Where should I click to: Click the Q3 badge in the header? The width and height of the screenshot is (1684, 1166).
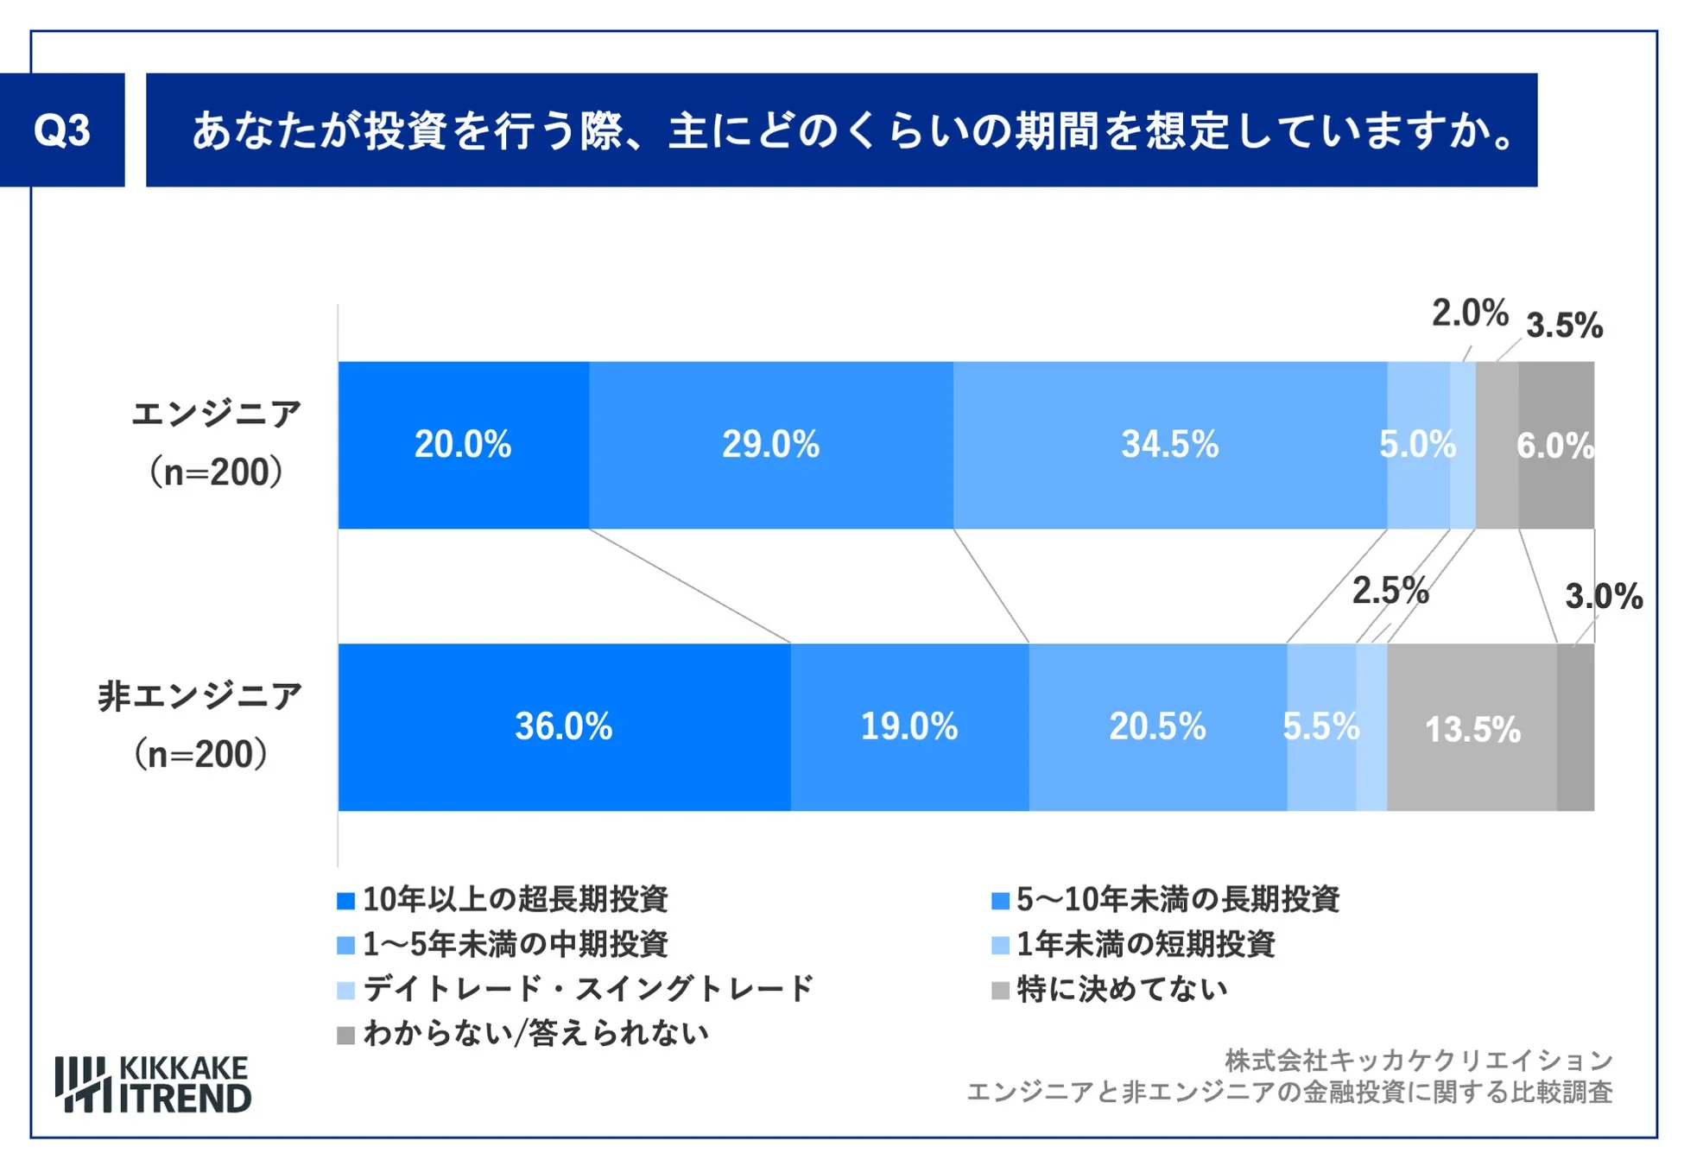coord(62,130)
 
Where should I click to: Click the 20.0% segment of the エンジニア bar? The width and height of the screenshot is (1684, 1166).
coord(463,445)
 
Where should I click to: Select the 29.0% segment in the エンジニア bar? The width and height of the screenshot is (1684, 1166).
coord(770,445)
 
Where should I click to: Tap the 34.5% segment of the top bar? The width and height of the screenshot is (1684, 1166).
coord(1169,445)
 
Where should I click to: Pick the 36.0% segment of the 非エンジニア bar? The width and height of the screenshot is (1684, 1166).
coord(563,726)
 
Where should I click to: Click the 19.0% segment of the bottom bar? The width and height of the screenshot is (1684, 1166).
coord(908,726)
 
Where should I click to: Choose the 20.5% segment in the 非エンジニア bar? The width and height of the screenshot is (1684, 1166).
coord(1157,726)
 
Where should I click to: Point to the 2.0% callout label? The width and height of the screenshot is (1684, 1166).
coord(1470,314)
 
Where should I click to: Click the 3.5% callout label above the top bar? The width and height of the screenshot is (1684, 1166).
coord(1564,326)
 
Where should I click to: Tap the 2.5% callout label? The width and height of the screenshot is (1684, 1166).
coord(1390,592)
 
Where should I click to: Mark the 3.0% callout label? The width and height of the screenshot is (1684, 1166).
coord(1604,597)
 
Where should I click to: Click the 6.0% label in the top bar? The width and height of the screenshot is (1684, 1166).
coord(1554,446)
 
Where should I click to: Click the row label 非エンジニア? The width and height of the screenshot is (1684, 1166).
coord(200,696)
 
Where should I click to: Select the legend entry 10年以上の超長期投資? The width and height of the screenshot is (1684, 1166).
coord(515,900)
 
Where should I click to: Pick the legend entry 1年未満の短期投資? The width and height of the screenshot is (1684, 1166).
coord(1145,944)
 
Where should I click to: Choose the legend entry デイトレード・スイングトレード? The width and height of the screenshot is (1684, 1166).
coord(587,989)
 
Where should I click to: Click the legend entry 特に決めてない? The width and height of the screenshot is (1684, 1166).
coord(1121,989)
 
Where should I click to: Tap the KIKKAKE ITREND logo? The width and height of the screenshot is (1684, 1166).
coord(154,1084)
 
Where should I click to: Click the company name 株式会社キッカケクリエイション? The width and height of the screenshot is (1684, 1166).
coord(1418,1060)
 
